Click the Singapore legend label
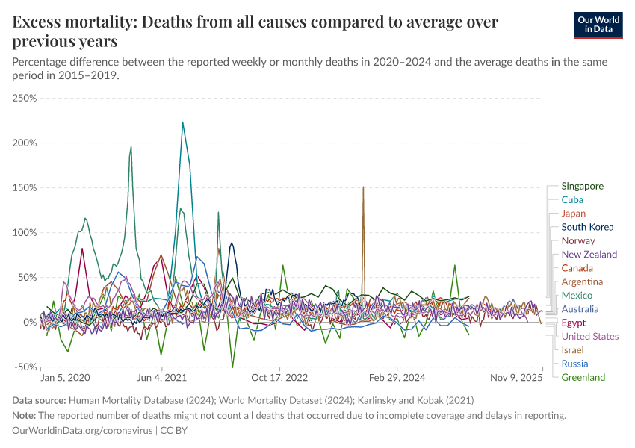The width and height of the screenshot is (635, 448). [582, 186]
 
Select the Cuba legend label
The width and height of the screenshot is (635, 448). [572, 199]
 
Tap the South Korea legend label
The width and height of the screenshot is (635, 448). [587, 227]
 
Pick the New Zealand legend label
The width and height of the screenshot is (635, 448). [589, 255]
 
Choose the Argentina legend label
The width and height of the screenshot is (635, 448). [582, 281]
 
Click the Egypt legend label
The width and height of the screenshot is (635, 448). [573, 323]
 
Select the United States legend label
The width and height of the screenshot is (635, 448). [589, 336]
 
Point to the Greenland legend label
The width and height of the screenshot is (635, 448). [583, 377]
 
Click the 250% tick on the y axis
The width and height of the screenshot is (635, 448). [25, 98]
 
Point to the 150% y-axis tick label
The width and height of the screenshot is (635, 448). [25, 187]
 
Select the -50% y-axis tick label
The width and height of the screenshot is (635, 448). [25, 367]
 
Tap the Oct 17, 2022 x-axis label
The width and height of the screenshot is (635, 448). [280, 377]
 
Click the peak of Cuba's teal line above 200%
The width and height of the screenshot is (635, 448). [182, 122]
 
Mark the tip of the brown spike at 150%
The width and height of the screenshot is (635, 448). [363, 187]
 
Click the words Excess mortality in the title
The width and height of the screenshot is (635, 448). [73, 22]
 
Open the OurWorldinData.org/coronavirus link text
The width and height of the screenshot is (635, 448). [82, 431]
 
